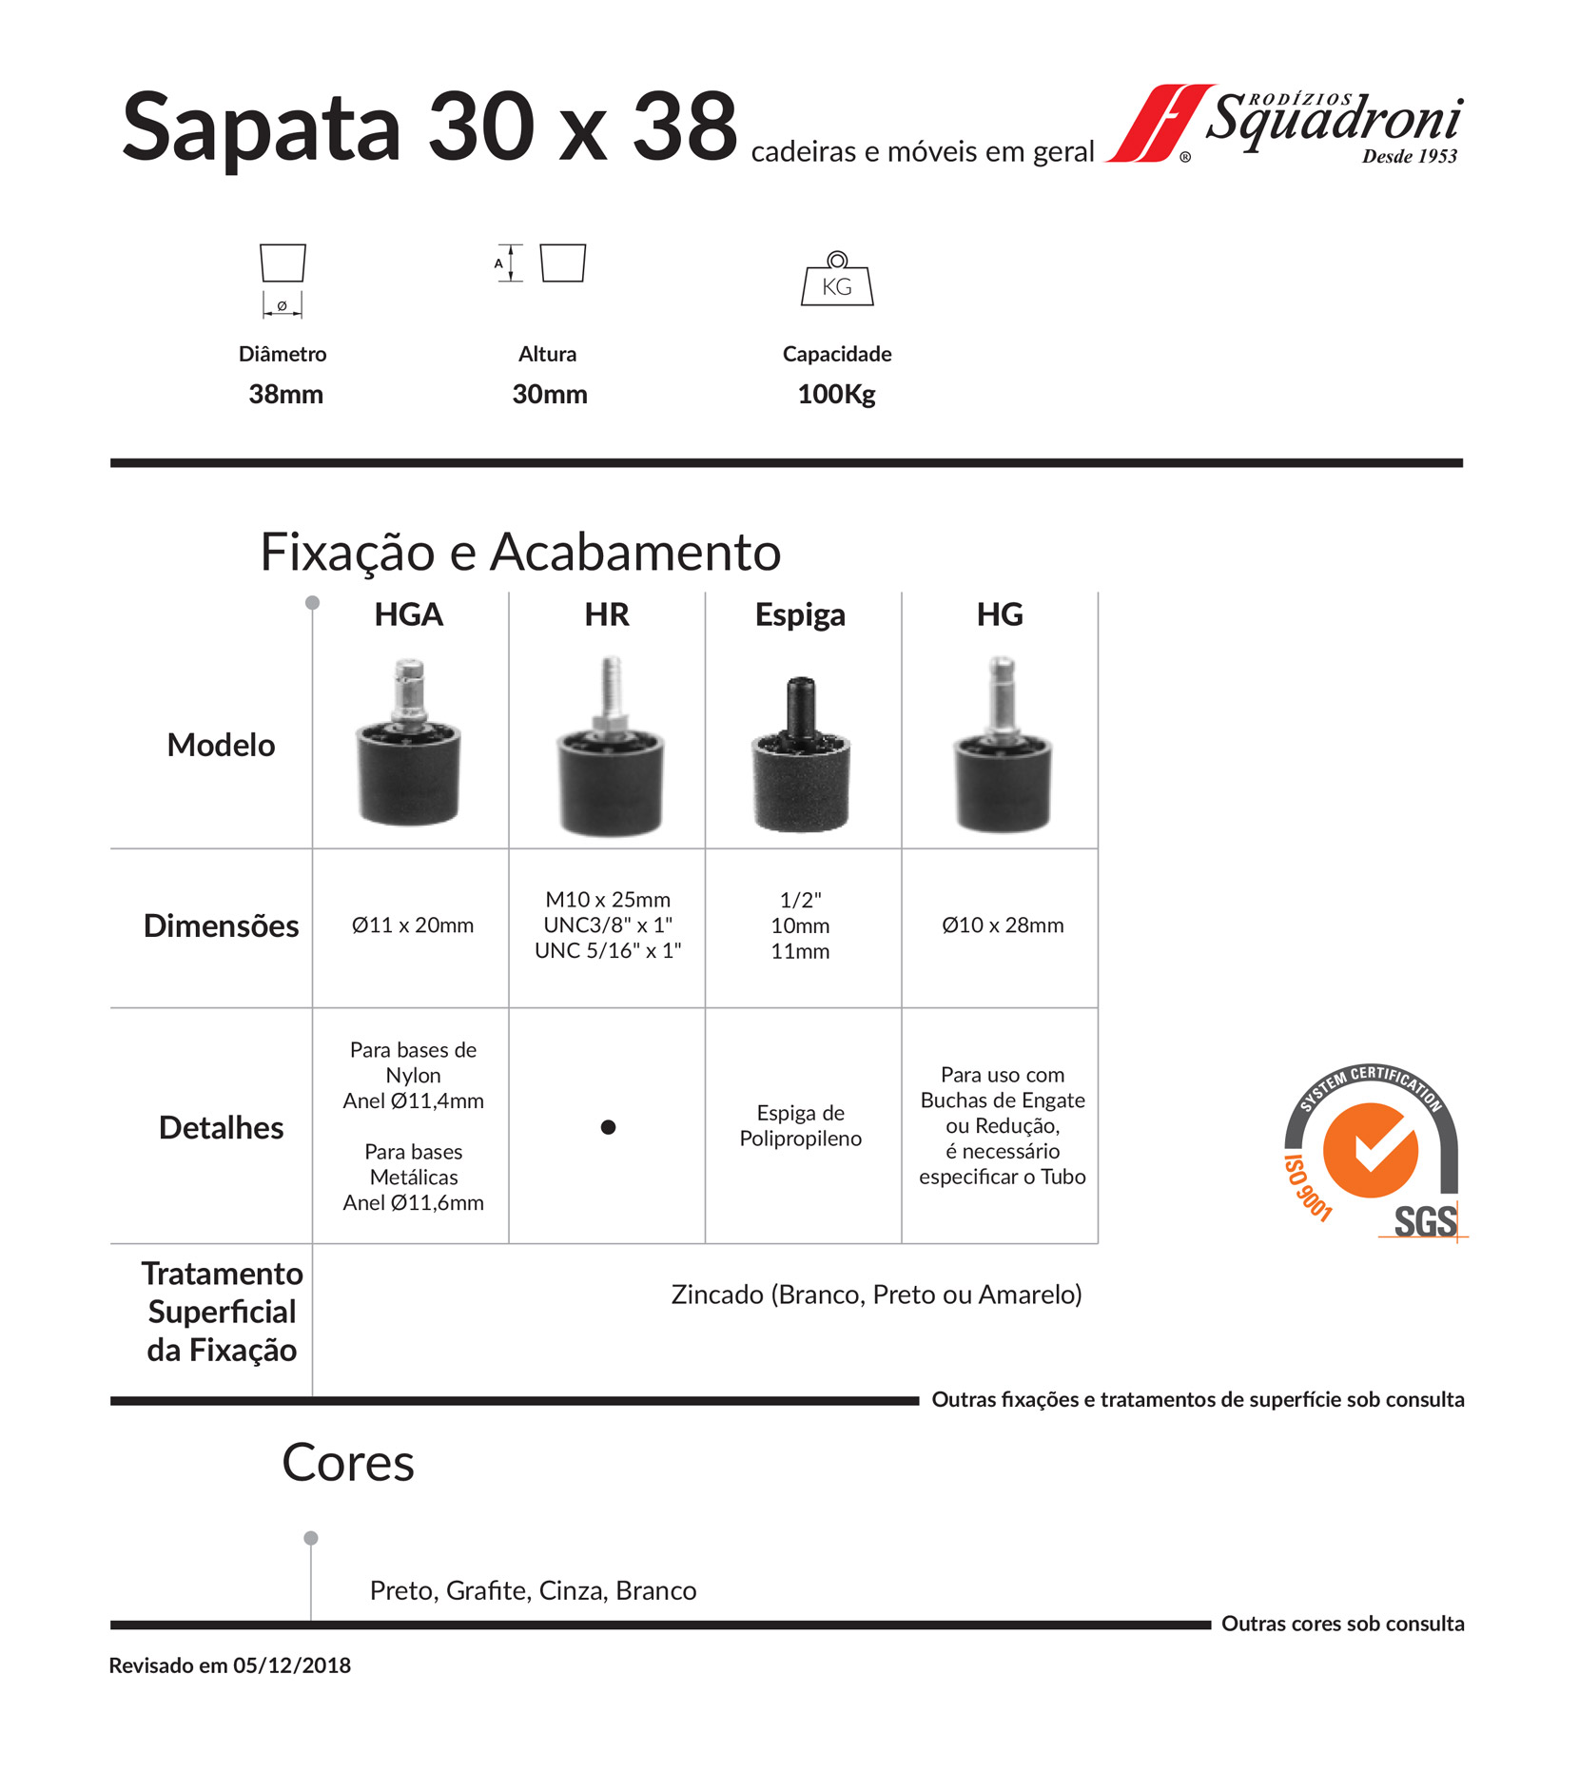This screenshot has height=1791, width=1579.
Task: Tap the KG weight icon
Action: click(x=836, y=280)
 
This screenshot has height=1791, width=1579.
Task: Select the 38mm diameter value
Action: click(x=285, y=394)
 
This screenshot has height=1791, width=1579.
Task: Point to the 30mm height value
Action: click(x=549, y=394)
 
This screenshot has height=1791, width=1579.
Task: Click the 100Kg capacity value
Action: click(x=836, y=394)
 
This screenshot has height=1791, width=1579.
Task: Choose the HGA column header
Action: click(x=409, y=614)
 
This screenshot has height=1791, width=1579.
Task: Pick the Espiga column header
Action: click(x=800, y=614)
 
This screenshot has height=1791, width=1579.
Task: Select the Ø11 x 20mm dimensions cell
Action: click(x=412, y=925)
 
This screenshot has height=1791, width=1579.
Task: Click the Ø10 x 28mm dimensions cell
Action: click(x=1003, y=925)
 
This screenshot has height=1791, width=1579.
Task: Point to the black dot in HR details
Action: click(x=608, y=1127)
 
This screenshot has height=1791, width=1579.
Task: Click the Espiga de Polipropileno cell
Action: click(x=800, y=1125)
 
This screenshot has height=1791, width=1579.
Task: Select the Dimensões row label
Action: click(x=221, y=925)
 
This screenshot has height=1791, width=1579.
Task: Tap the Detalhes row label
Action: click(x=221, y=1127)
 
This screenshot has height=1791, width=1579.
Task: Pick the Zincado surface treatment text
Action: click(x=876, y=1295)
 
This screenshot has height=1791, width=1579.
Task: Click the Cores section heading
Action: click(x=348, y=1463)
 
